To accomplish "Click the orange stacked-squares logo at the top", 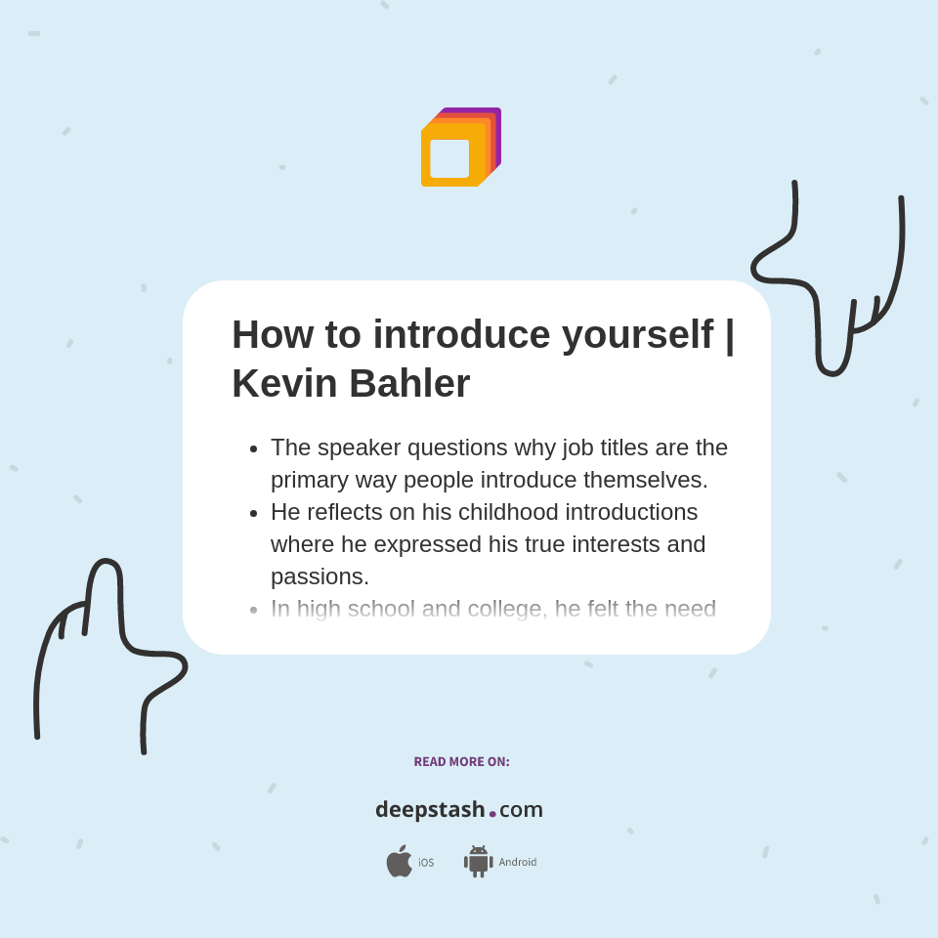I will pos(460,148).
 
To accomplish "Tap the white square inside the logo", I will pos(449,158).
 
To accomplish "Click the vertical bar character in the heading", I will pos(729,334).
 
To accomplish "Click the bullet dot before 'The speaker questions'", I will pos(254,448).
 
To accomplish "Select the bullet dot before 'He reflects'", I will pos(254,513).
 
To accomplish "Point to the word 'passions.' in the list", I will pos(320,576).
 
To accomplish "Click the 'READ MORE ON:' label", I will pos(461,762).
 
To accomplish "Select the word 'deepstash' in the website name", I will pos(430,810).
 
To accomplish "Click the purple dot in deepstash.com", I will pos(492,814).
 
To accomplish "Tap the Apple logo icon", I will pos(399,862).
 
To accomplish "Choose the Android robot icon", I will pos(479,862).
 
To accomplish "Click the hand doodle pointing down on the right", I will pos(831,283).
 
